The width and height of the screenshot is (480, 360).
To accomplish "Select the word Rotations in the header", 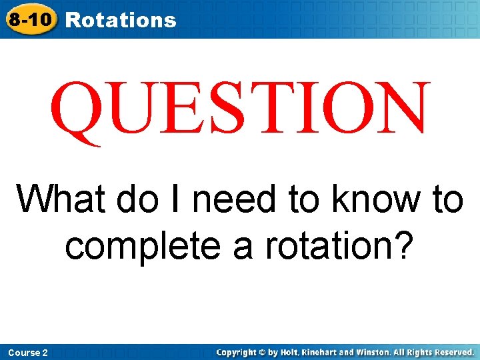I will pyautogui.click(x=121, y=20).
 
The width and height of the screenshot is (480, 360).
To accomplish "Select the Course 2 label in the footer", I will pyautogui.click(x=27, y=352).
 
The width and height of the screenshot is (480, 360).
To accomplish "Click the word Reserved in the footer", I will pyautogui.click(x=454, y=352).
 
